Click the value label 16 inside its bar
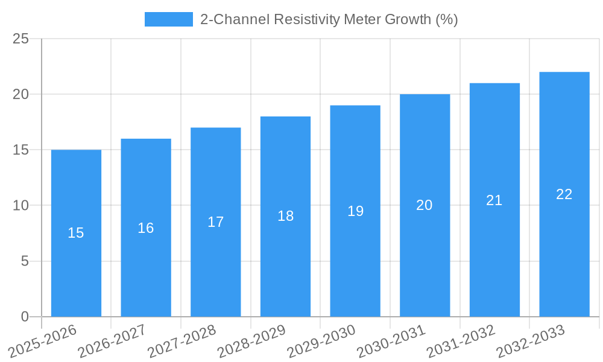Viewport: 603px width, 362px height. [x=146, y=228]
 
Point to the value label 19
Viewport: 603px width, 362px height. [x=355, y=211]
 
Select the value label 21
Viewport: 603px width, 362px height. [x=494, y=200]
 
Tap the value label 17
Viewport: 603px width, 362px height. [x=216, y=222]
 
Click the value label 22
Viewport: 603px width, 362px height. [x=564, y=194]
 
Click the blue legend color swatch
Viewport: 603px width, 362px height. [x=168, y=19]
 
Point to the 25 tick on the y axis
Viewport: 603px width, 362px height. [x=21, y=39]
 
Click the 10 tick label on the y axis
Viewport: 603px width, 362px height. [x=21, y=206]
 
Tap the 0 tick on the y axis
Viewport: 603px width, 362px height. [x=25, y=317]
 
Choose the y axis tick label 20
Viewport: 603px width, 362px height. [x=21, y=95]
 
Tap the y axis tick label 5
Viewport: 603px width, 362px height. [x=25, y=261]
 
